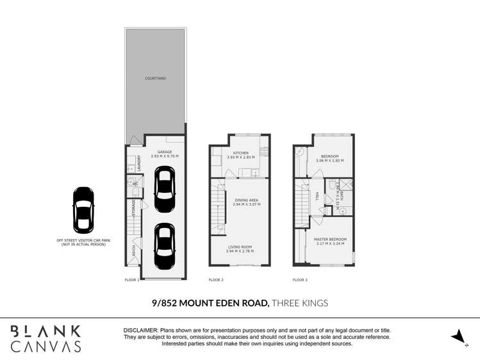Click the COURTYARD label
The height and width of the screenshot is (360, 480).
(x=155, y=78)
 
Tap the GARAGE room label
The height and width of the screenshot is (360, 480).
(x=165, y=152)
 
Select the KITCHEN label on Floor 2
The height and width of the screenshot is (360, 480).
(x=240, y=153)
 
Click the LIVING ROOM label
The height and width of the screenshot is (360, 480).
(x=240, y=247)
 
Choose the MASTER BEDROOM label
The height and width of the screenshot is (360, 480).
(x=329, y=240)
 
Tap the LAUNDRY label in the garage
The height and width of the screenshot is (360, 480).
(x=138, y=165)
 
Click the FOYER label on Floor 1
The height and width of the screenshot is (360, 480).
(x=133, y=250)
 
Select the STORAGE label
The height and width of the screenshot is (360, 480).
(x=133, y=209)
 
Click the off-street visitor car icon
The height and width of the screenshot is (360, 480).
(x=83, y=209)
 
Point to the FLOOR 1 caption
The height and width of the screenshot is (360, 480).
(x=132, y=280)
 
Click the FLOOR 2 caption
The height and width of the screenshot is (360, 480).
(x=216, y=280)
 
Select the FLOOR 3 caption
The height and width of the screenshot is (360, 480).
(x=300, y=280)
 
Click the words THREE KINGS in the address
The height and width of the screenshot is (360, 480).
(x=301, y=302)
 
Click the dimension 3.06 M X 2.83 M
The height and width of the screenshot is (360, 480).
(x=329, y=160)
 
